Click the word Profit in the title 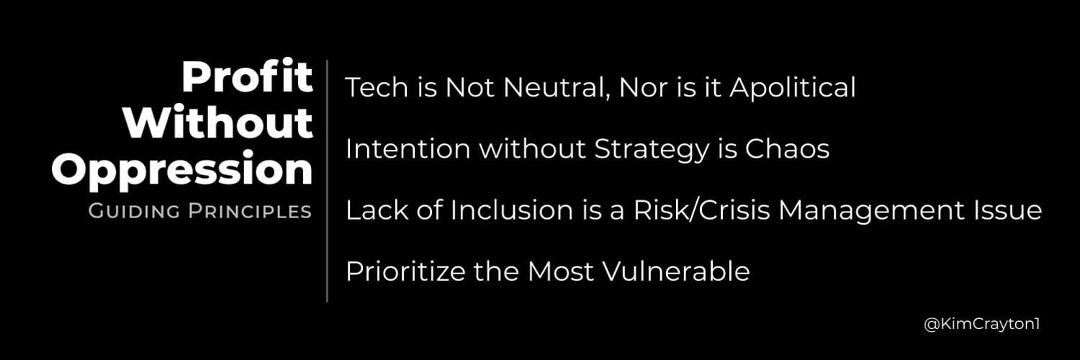pyautogui.click(x=247, y=77)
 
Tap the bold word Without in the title pyautogui.click(x=217, y=123)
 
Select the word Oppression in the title pyautogui.click(x=182, y=170)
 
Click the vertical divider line pyautogui.click(x=328, y=180)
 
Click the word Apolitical pyautogui.click(x=792, y=88)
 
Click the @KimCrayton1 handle pyautogui.click(x=982, y=325)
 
